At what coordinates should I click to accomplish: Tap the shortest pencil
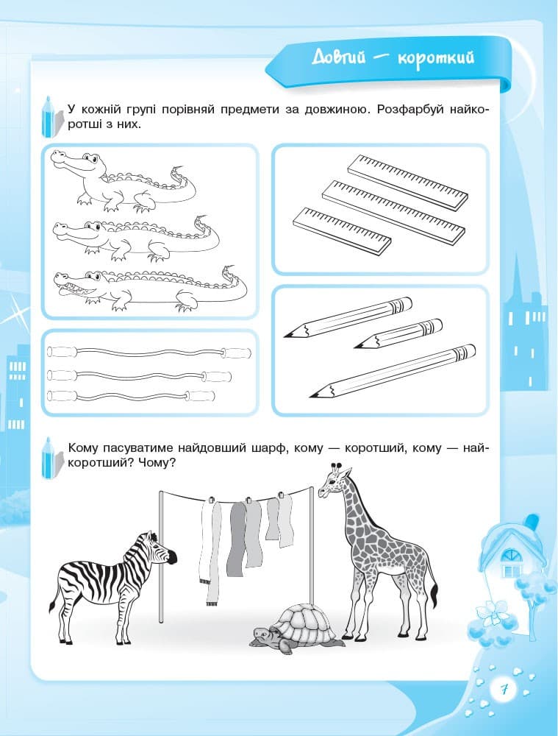pos(398,333)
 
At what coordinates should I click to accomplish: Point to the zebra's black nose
pos(172,556)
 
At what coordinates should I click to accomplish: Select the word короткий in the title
pos(436,59)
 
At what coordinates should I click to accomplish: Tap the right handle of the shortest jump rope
pos(200,395)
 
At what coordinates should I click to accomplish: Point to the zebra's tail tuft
pos(51,607)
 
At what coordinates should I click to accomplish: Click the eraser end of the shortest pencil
pos(436,325)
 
